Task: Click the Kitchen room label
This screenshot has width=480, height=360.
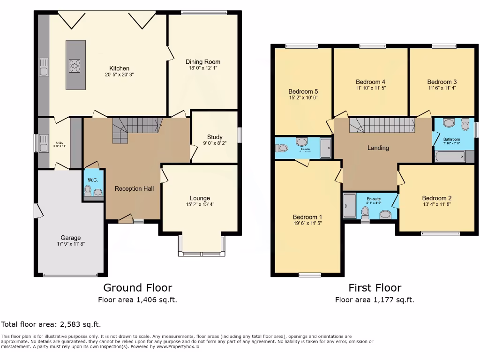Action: [x=119, y=68]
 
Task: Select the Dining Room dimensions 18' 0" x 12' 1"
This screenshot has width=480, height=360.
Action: [x=202, y=68]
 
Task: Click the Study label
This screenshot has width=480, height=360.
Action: [x=215, y=137]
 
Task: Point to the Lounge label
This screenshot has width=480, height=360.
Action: [x=200, y=198]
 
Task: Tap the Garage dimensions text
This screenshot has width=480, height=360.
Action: [x=70, y=244]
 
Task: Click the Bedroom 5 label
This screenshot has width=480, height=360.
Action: [x=303, y=91]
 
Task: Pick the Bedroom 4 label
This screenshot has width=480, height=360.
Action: [x=370, y=82]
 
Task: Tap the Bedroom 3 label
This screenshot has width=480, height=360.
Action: [x=442, y=82]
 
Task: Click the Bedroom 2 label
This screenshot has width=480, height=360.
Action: [x=436, y=198]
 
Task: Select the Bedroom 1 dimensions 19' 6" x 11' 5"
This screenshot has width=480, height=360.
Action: [x=307, y=223]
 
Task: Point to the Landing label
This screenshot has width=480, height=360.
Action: [x=378, y=148]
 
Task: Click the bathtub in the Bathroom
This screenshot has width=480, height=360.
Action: [x=450, y=156]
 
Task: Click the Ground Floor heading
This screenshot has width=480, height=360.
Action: [x=137, y=287]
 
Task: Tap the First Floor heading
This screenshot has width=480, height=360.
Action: [x=375, y=287]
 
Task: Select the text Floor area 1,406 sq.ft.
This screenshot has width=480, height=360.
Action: [x=137, y=300]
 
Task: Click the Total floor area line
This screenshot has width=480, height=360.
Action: [x=51, y=324]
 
